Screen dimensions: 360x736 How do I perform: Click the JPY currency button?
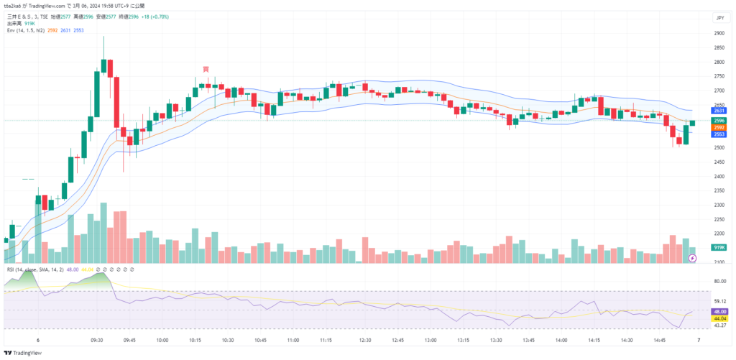coord(718,17)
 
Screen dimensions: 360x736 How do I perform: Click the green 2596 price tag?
coord(718,121)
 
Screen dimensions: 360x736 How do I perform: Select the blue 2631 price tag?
coord(718,111)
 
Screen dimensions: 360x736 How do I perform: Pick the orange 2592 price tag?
coord(718,127)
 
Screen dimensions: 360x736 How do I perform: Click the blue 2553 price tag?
coord(718,134)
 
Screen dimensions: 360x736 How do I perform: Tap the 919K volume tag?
coord(718,247)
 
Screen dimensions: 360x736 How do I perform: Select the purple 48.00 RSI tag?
coord(718,311)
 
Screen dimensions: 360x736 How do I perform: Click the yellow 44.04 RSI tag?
coord(718,318)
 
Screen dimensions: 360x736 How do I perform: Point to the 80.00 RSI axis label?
coord(718,281)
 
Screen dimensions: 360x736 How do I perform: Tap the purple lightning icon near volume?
coord(692,257)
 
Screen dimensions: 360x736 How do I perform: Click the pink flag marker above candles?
coord(206,69)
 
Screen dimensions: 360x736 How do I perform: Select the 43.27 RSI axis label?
coord(718,326)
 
